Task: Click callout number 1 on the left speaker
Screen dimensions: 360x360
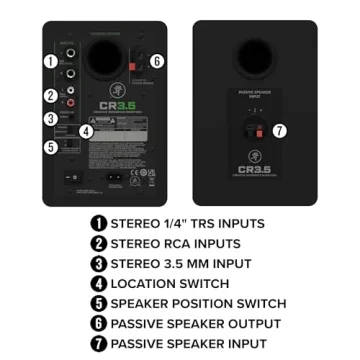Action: [x=50, y=61]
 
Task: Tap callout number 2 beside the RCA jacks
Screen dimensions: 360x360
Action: [x=50, y=96]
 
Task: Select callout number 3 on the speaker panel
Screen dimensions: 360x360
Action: [x=50, y=119]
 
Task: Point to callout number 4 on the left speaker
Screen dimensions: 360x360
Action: [x=85, y=130]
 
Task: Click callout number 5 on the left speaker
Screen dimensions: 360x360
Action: [x=50, y=147]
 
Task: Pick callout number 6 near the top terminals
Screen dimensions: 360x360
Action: [x=157, y=61]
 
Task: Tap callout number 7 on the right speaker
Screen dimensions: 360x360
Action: [x=279, y=130]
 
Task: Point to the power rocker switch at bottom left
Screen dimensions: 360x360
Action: [x=71, y=180]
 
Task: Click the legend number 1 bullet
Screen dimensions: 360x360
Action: [x=97, y=222]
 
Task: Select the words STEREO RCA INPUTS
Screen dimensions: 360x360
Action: [x=175, y=243]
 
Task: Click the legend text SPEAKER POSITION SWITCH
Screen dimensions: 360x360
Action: [x=198, y=303]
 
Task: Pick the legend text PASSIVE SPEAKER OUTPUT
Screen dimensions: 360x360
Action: [x=195, y=323]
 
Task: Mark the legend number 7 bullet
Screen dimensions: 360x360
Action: [x=97, y=343]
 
